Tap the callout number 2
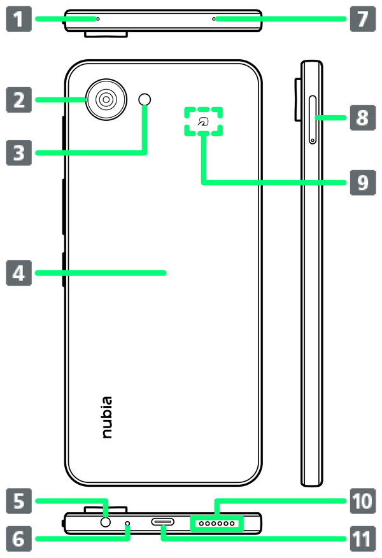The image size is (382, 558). coord(18,100)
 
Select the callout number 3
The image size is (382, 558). coord(18,153)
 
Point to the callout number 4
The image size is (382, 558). coord(18,274)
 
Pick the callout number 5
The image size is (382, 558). coord(18,501)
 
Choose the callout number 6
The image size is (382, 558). coord(18,540)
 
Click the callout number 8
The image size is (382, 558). coord(362,118)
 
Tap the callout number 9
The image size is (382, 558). coord(362,183)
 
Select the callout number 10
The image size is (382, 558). coord(362,501)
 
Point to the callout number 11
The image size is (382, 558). coord(362,540)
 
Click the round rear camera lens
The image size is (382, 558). coord(106,99)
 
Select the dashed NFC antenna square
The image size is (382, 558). coord(203,121)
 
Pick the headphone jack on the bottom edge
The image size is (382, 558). coord(106,522)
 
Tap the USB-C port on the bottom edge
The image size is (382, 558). coord(162,523)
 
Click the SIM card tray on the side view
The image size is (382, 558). coord(312,119)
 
